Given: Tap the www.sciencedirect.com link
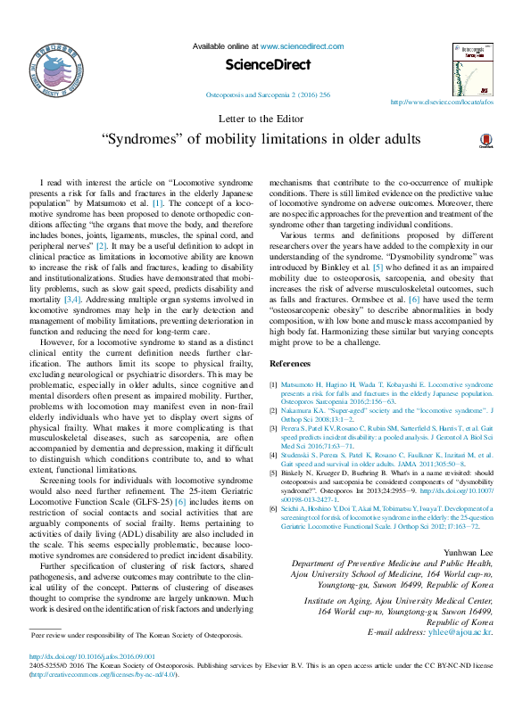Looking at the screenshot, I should pyautogui.click(x=298, y=45).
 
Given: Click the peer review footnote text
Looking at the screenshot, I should pyautogui.click(x=136, y=635).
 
